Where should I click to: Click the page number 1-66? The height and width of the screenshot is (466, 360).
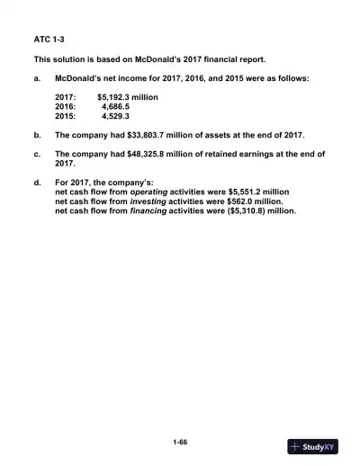click(180, 442)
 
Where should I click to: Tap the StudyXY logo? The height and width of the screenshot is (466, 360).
click(313, 446)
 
